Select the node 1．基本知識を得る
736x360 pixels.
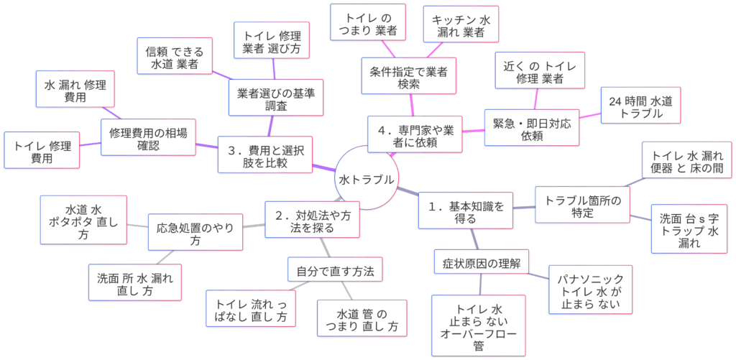coord(466,211)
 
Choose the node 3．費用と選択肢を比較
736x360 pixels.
coord(265,154)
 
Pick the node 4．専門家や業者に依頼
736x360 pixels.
coord(415,134)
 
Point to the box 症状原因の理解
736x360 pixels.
coord(482,263)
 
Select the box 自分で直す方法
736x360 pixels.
coord(334,272)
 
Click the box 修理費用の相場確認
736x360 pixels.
coord(148,139)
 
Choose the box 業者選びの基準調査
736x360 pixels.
coord(277,98)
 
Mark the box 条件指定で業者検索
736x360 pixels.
coord(408,77)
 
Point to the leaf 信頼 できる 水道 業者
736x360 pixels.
coord(175,57)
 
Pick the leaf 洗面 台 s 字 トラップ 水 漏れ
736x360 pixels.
coord(689,229)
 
